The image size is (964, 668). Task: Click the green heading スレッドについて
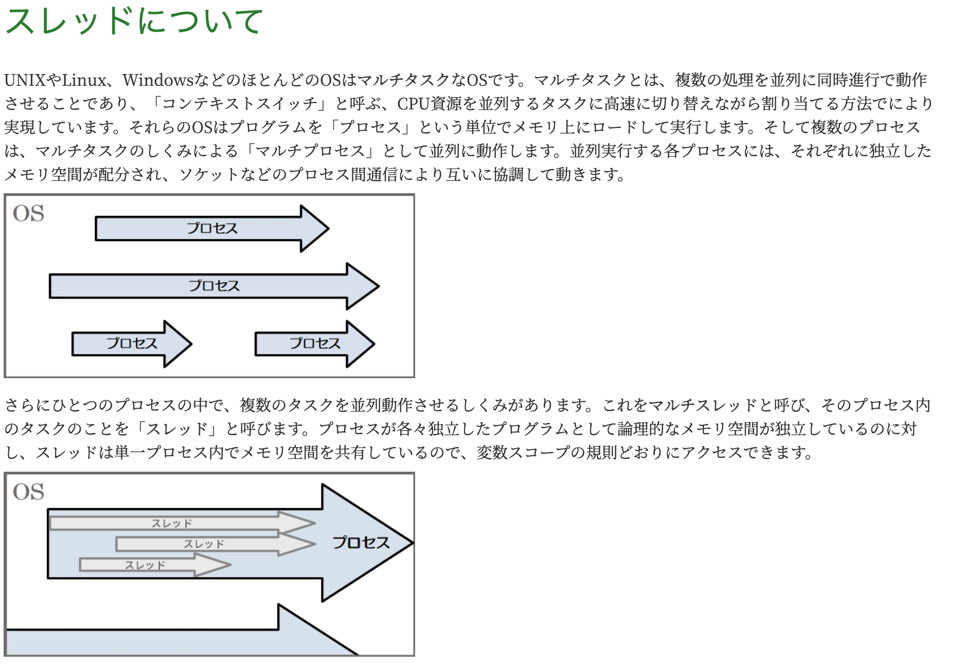134,22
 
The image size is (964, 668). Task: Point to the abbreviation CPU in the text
413,104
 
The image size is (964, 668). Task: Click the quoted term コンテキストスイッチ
240,104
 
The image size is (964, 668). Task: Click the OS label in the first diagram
29,214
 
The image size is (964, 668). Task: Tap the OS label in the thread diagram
29,492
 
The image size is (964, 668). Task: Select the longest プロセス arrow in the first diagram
213,286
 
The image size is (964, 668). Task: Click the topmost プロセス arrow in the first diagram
211,229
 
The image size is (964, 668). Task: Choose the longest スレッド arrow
175,524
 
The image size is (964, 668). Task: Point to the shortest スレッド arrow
149,565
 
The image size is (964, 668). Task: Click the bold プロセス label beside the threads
361,543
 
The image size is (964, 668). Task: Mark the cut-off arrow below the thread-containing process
180,640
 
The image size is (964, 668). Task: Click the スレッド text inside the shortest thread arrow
145,565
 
